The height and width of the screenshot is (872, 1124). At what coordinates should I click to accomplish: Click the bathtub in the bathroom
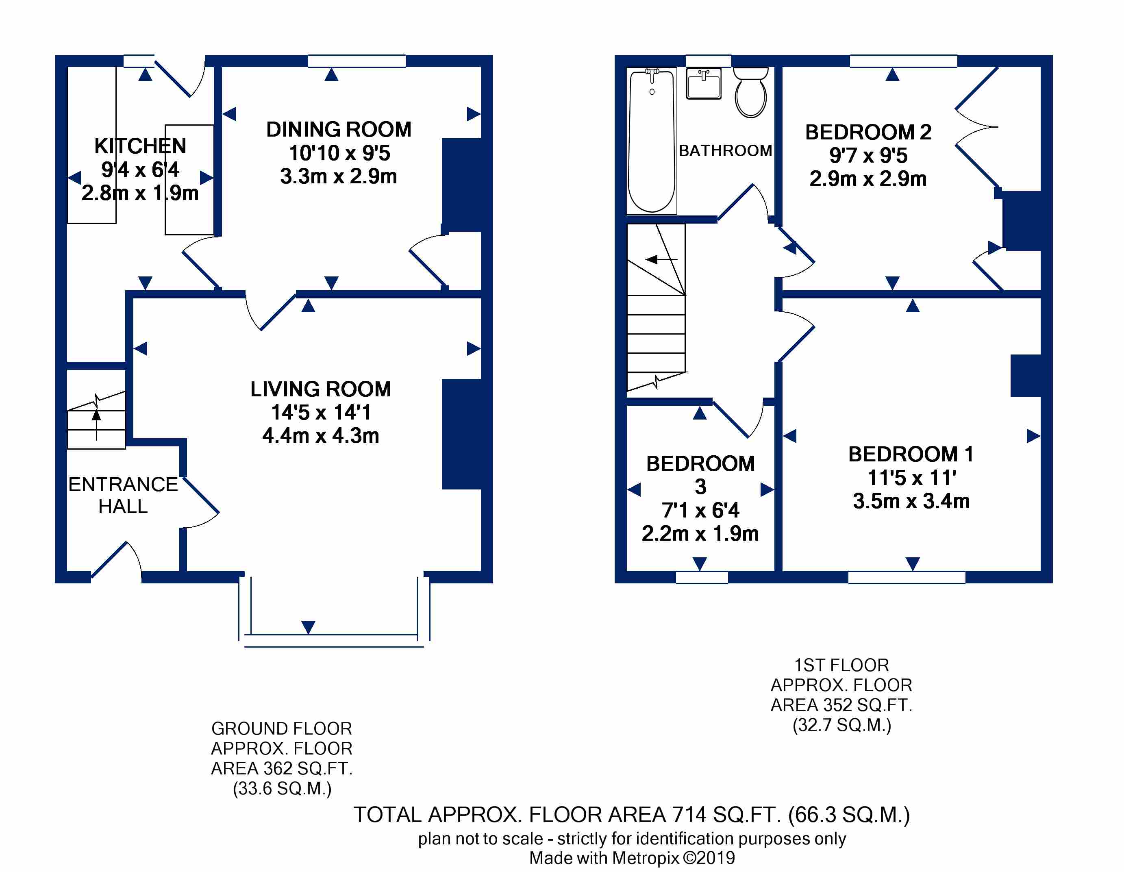(x=652, y=141)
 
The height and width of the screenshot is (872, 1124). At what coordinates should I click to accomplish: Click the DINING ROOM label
(x=339, y=129)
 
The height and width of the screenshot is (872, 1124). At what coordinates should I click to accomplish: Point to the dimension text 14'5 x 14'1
(x=321, y=412)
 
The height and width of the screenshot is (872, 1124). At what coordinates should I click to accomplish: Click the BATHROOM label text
(x=725, y=150)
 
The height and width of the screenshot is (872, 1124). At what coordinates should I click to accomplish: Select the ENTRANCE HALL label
(x=123, y=495)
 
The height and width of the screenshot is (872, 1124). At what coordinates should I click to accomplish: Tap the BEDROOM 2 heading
(x=868, y=132)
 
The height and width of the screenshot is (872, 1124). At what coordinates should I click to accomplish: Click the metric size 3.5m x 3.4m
(x=911, y=501)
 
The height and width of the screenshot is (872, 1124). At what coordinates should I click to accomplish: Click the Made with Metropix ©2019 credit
(x=632, y=858)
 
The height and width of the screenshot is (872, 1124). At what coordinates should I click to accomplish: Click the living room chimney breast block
(x=461, y=434)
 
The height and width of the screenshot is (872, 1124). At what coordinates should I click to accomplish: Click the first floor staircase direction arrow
(x=662, y=259)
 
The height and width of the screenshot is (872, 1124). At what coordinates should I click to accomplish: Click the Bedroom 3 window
(x=702, y=578)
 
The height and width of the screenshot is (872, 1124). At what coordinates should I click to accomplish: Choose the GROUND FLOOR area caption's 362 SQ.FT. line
(x=282, y=768)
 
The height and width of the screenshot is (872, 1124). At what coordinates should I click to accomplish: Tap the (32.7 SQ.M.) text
(x=841, y=725)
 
